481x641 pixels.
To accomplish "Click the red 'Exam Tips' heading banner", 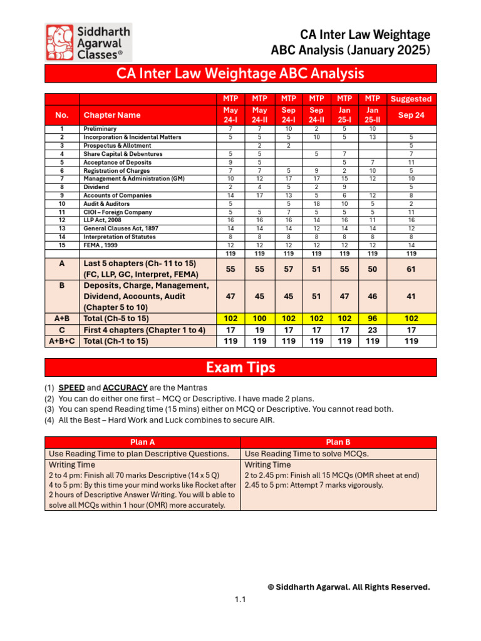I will point(240,367).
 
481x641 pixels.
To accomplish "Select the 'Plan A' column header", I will point(142,441).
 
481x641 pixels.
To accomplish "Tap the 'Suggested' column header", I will point(411,99).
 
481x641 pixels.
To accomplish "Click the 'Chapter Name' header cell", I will point(112,115).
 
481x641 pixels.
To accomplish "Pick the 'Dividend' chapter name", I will point(96,187).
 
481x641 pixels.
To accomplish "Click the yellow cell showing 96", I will point(372,318).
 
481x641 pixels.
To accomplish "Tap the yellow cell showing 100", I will point(259,318).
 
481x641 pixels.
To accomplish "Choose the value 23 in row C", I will point(372,329).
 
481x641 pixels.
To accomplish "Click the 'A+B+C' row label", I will point(62,341).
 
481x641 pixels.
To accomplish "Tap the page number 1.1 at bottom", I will point(240,600).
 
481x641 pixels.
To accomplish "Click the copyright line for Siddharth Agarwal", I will point(348,587).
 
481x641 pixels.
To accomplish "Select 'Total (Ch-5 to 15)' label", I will point(116,318).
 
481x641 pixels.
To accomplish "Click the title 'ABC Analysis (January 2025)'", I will point(350,49).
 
